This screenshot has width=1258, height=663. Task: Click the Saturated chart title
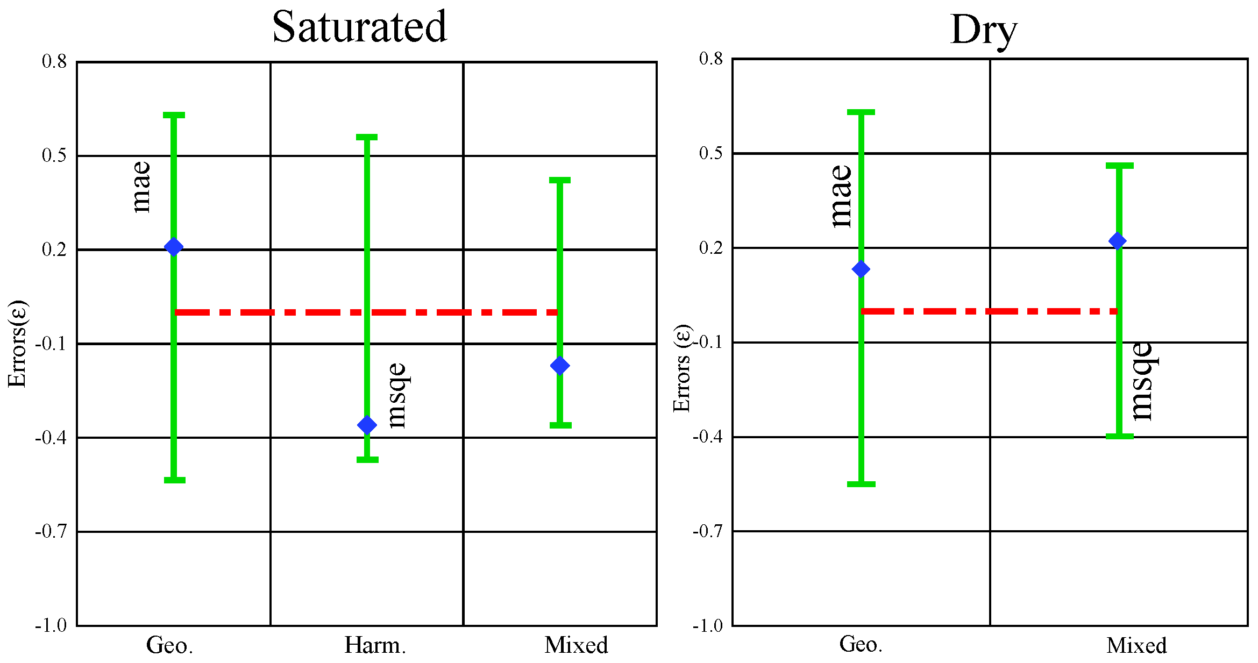coord(359,27)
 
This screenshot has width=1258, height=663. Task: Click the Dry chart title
coord(984,30)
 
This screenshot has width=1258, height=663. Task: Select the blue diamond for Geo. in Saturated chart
coord(174,247)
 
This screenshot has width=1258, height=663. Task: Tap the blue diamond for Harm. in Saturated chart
coord(367,425)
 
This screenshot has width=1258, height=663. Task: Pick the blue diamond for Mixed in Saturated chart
coord(560,366)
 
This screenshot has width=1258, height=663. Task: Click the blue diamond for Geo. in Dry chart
coord(861,269)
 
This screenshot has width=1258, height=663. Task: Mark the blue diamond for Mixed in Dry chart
coord(1118,241)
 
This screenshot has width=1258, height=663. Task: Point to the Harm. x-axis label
coord(375,645)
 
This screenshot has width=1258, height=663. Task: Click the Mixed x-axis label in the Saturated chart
coord(576,645)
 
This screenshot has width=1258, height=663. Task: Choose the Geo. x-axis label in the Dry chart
coord(861,644)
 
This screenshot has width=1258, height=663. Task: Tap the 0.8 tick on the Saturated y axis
coord(54,61)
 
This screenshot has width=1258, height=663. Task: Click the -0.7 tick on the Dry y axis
coord(707,531)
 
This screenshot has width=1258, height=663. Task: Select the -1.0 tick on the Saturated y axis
coord(51,625)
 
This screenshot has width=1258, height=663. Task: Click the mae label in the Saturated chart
coord(141,187)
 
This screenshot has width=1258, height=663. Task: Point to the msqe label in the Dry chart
coord(1141,381)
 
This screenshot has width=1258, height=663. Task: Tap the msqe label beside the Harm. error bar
coord(396,395)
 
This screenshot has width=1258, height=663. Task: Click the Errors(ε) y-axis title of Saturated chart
coord(17,344)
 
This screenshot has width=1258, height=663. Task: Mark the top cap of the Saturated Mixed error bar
coord(560,180)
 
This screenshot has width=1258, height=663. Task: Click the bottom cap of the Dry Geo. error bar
coord(861,484)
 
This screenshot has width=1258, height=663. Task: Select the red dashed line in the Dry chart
coord(990,311)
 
